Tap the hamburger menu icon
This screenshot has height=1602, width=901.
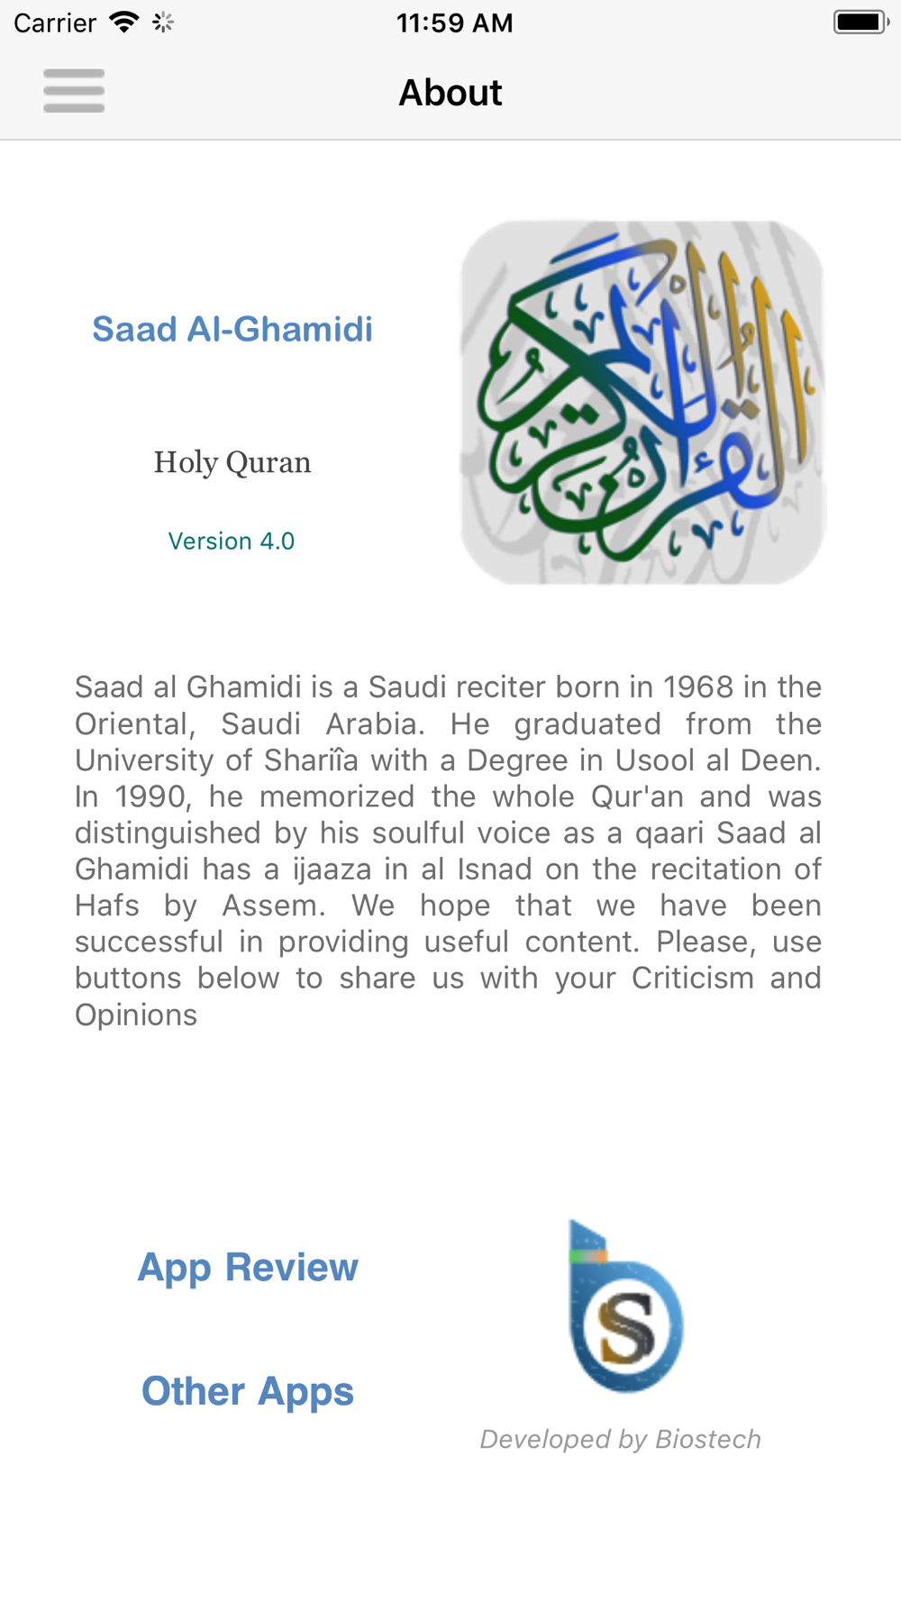click(x=74, y=91)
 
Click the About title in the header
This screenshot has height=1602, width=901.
click(x=450, y=93)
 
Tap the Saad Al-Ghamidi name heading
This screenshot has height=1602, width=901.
click(x=232, y=330)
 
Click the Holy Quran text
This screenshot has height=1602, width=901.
click(x=232, y=462)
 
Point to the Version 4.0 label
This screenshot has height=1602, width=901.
click(x=232, y=541)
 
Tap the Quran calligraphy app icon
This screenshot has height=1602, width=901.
click(x=643, y=402)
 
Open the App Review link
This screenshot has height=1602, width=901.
click(x=248, y=1268)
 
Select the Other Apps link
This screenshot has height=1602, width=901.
click(x=248, y=1391)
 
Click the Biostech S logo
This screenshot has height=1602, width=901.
click(x=626, y=1308)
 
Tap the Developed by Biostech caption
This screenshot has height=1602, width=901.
click(x=621, y=1439)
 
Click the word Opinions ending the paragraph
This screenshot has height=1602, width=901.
click(x=136, y=1015)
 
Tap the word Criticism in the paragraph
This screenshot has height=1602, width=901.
click(x=692, y=978)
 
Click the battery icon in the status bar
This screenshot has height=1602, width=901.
click(x=860, y=23)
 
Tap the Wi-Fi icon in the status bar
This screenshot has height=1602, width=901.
click(x=123, y=23)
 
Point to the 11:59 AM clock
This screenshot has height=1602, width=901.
click(x=454, y=23)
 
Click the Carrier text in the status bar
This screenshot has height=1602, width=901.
click(x=55, y=23)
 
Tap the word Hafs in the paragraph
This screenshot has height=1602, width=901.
click(x=107, y=906)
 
